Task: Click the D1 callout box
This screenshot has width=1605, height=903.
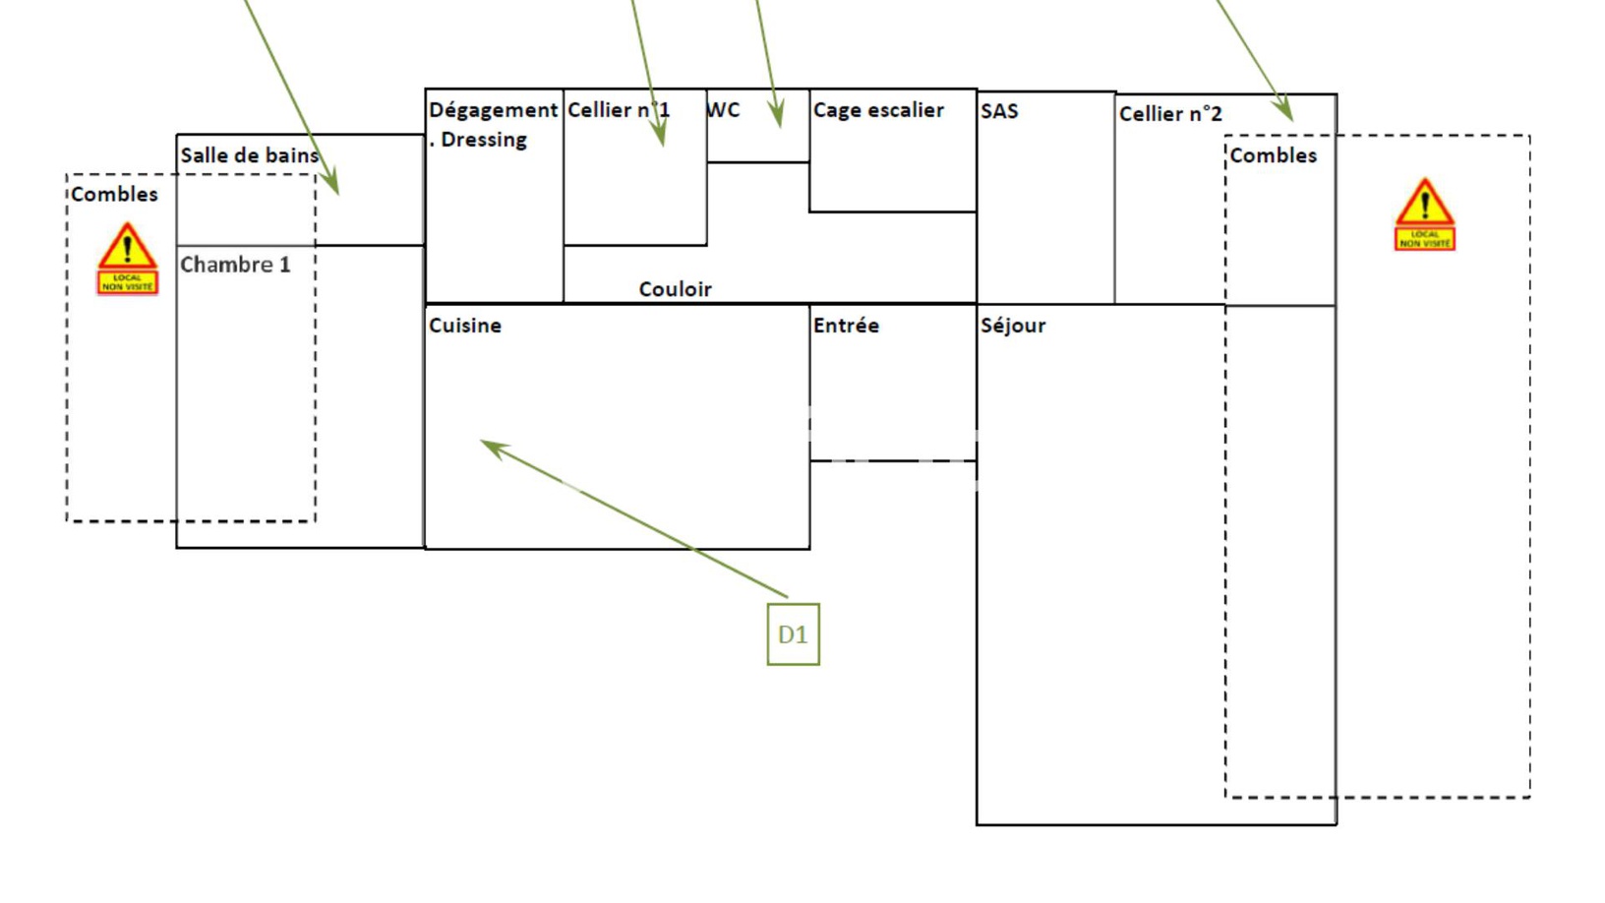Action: [x=794, y=634]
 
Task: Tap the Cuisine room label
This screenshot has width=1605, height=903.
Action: [x=465, y=326]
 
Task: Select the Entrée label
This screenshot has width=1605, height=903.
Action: [x=846, y=326]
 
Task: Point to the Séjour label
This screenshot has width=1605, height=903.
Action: [x=1012, y=327]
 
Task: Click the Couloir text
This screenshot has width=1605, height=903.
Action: [x=675, y=289]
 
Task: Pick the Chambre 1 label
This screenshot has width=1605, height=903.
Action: [x=235, y=265]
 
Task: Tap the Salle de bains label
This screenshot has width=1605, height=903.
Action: [x=250, y=154]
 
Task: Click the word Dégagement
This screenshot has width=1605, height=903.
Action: [x=493, y=110]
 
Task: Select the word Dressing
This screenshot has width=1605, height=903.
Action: [x=484, y=139]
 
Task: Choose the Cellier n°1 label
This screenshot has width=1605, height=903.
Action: [x=619, y=109]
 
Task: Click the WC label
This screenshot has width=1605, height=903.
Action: [x=723, y=109]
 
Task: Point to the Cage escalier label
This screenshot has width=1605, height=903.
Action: [x=877, y=109]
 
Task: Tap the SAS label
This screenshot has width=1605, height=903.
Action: [x=999, y=111]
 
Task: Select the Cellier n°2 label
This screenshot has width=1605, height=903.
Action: [x=1170, y=113]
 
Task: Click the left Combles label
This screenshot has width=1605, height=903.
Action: [x=114, y=194]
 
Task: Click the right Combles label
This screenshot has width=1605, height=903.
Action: [x=1274, y=154]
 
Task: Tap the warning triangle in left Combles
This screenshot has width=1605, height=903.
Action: [x=128, y=246]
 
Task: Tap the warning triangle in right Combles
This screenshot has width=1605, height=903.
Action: [x=1424, y=202]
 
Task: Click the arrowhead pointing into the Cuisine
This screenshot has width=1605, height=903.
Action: [x=493, y=448]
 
